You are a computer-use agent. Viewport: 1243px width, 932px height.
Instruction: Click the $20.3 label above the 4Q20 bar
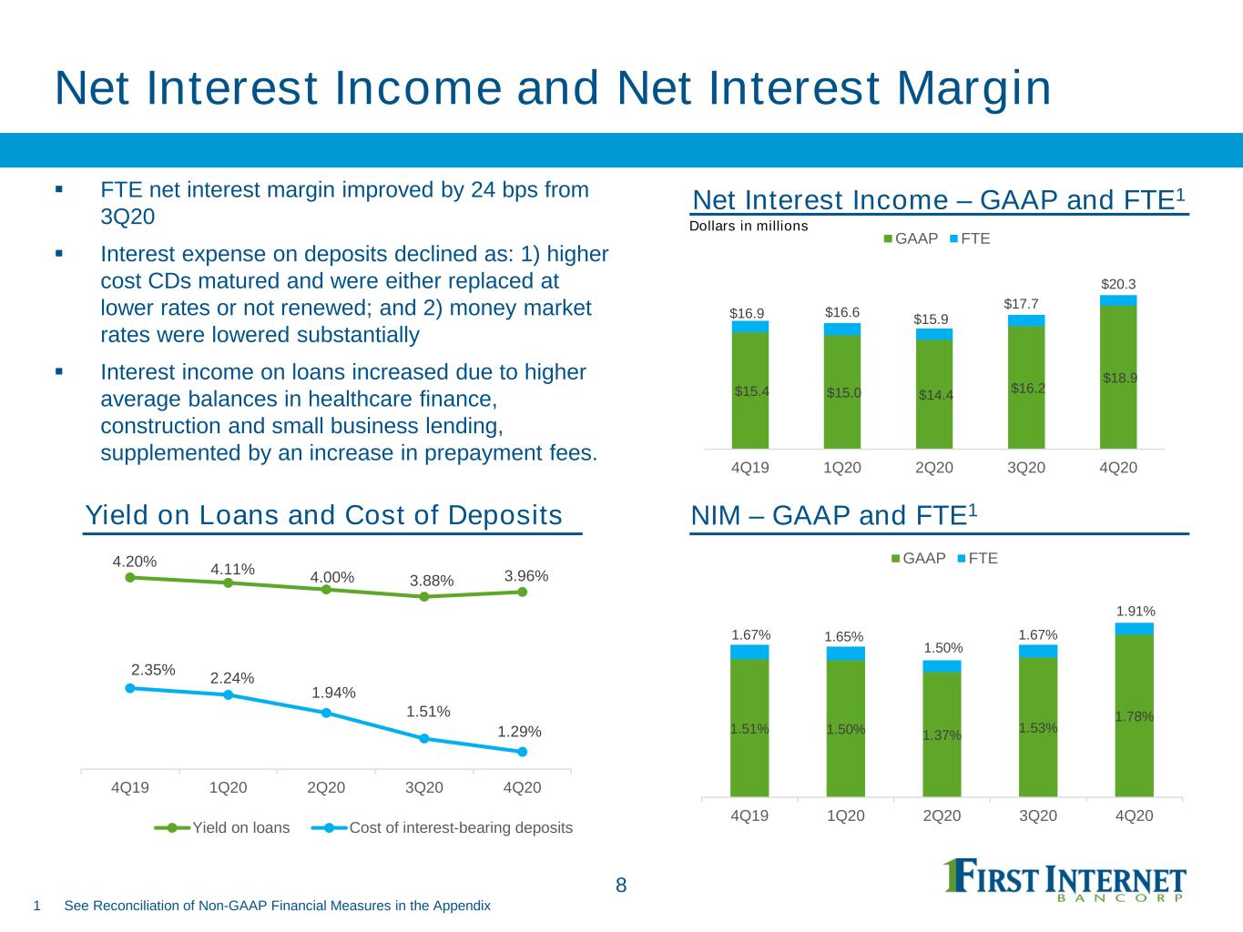tap(1118, 284)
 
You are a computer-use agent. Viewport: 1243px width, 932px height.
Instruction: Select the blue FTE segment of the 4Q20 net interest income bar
tap(1118, 300)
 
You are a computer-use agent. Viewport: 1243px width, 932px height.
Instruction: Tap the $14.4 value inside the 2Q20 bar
tap(935, 395)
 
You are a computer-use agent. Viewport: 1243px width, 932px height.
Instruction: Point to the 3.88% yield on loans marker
tap(424, 596)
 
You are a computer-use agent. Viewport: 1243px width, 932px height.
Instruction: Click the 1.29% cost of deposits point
tap(522, 752)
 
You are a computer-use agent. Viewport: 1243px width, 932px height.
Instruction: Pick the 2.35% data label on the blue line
tap(153, 670)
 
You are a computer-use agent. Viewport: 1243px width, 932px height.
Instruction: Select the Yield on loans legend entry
tap(222, 828)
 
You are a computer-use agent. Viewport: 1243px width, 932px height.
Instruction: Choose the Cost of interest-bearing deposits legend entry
tap(443, 828)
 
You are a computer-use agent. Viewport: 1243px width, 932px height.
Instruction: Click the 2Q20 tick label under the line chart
tap(326, 787)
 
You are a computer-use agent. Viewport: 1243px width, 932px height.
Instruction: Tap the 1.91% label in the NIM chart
tap(1136, 611)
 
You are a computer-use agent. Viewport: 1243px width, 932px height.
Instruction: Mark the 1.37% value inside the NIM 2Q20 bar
tap(942, 735)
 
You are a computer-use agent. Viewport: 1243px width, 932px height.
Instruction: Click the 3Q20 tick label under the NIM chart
tap(1038, 815)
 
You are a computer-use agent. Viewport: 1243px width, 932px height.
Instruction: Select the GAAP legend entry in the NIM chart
tap(918, 559)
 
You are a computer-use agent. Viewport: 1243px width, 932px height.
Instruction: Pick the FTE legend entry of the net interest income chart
tap(970, 238)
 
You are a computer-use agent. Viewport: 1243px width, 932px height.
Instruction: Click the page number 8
tap(621, 885)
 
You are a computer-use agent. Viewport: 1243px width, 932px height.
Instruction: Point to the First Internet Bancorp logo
tap(1065, 880)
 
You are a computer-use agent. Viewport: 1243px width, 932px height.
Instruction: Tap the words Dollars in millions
tap(748, 226)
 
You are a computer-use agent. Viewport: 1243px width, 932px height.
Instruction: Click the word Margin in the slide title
tap(974, 89)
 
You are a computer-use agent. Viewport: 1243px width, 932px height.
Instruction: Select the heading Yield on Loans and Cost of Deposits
tap(323, 515)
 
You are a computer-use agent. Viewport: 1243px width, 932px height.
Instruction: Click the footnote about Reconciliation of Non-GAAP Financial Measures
tap(277, 906)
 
